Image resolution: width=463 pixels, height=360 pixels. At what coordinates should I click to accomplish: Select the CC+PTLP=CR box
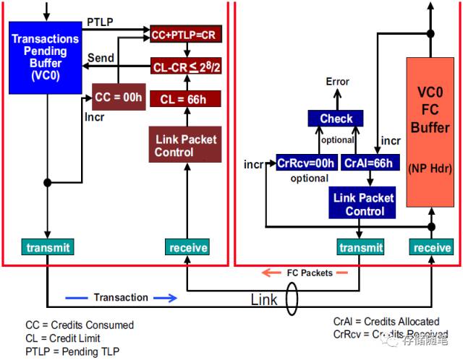[187, 35]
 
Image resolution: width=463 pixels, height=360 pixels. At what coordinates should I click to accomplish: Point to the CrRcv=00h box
[306, 163]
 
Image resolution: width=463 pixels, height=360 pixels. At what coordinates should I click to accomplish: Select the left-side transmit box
[48, 248]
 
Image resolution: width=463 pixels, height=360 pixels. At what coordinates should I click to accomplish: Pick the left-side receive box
[187, 248]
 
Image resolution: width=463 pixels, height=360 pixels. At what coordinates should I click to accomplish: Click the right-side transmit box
[360, 248]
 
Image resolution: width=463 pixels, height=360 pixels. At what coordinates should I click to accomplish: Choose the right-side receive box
[432, 248]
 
